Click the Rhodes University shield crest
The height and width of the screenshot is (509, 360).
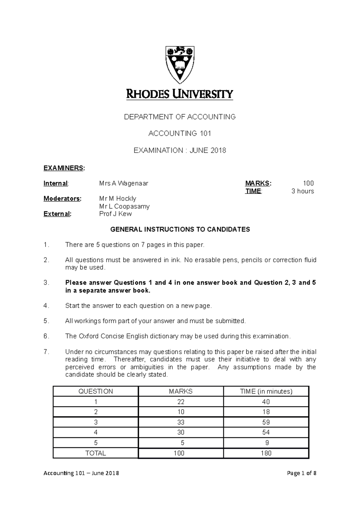[x=180, y=65]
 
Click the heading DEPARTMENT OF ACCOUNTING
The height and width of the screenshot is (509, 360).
[x=180, y=117]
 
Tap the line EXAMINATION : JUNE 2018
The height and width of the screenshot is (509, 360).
[x=180, y=150]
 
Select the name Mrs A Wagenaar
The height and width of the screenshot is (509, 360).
[x=124, y=183]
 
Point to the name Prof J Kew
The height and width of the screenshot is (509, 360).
[x=115, y=214]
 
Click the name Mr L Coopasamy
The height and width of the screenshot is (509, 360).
[x=124, y=206]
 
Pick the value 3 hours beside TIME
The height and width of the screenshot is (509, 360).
[x=302, y=191]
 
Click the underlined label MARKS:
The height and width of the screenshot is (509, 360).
[x=258, y=183]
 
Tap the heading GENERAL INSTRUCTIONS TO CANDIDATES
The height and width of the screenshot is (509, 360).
[x=180, y=229]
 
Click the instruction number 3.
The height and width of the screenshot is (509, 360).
[x=46, y=283]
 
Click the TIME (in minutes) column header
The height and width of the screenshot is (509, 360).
[x=266, y=391]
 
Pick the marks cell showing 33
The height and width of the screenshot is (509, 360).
[x=181, y=422]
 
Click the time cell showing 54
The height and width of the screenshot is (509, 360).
[x=266, y=432]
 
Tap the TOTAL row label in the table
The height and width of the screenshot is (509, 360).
[x=95, y=453]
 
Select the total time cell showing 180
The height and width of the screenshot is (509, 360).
[x=266, y=453]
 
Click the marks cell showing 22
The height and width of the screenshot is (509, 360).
[x=181, y=402]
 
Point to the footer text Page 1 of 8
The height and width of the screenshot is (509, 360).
[x=301, y=473]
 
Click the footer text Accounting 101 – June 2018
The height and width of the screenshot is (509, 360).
[x=81, y=473]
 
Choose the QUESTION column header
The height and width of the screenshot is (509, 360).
[x=95, y=391]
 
